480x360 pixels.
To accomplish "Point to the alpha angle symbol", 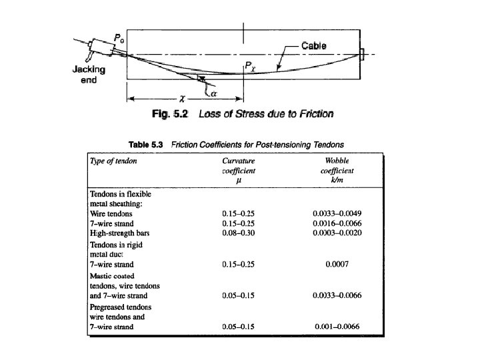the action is pyautogui.click(x=215, y=93).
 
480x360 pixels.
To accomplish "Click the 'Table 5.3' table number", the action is pyautogui.click(x=146, y=144).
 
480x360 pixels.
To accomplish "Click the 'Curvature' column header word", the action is pyautogui.click(x=239, y=161).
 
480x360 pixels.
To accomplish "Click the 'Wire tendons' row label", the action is pyautogui.click(x=110, y=213).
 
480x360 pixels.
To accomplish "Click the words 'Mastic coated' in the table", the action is pyautogui.click(x=112, y=275).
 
